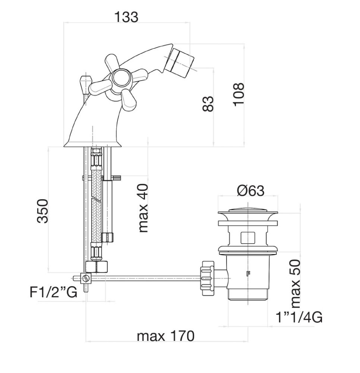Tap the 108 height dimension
pyautogui.click(x=239, y=94)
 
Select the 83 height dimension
pyautogui.click(x=209, y=104)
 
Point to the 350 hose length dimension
pyautogui.click(x=43, y=211)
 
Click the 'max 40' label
pyautogui.click(x=143, y=208)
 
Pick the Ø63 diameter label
pyautogui.click(x=250, y=191)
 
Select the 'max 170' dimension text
pyautogui.click(x=166, y=336)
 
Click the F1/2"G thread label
pyautogui.click(x=54, y=292)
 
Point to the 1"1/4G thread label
pyautogui.click(x=299, y=317)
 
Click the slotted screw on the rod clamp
pyautogui.click(x=87, y=278)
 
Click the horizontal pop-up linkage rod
pyautogui.click(x=149, y=278)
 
